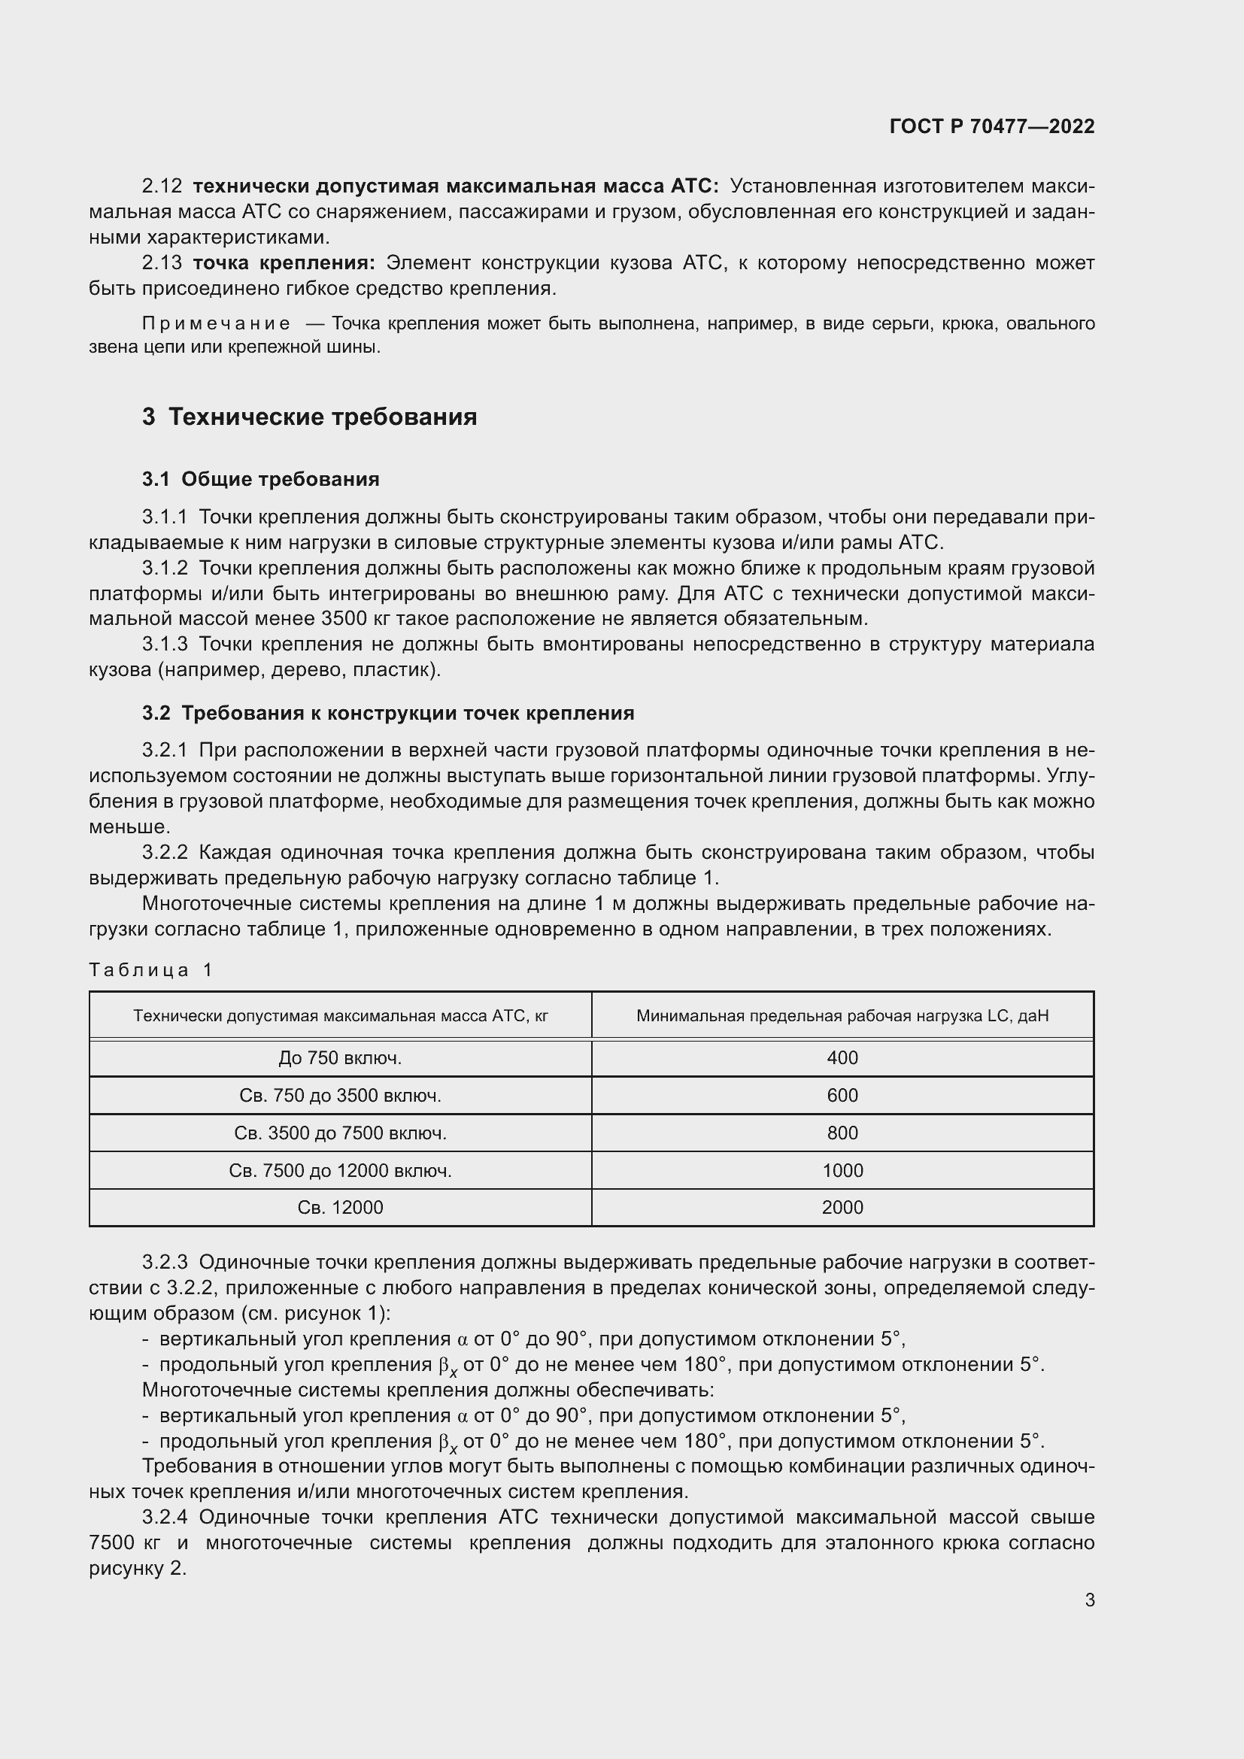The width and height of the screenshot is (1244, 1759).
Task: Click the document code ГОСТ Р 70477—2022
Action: pos(992,126)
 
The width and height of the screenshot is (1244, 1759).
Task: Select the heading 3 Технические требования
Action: pos(309,417)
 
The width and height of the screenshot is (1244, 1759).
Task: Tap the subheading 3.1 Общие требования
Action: pos(260,480)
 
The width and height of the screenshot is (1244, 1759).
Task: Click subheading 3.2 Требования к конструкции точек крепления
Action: pos(387,713)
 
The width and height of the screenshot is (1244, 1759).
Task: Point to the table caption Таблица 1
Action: pos(150,970)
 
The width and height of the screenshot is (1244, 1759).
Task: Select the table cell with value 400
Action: pos(842,1058)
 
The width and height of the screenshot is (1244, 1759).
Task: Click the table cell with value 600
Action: pos(842,1096)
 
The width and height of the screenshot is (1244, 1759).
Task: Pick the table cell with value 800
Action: pos(842,1133)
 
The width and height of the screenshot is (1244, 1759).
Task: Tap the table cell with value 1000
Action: pos(842,1171)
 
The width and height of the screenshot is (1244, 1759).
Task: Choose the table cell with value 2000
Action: pos(842,1208)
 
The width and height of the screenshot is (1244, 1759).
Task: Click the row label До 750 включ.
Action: pos(340,1058)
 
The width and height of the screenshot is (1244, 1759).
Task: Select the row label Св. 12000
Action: pos(340,1208)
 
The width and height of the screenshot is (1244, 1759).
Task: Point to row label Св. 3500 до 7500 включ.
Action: pos(340,1133)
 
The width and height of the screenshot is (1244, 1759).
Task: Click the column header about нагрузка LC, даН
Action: pos(842,1016)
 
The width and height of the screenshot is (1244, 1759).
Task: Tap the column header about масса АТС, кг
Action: pos(340,1016)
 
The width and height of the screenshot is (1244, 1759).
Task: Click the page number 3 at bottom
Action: pos(1089,1600)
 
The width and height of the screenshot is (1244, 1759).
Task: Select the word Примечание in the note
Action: pos(216,324)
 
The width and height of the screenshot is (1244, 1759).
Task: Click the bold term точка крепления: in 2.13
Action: pos(284,263)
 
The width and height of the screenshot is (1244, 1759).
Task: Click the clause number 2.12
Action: pos(162,187)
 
